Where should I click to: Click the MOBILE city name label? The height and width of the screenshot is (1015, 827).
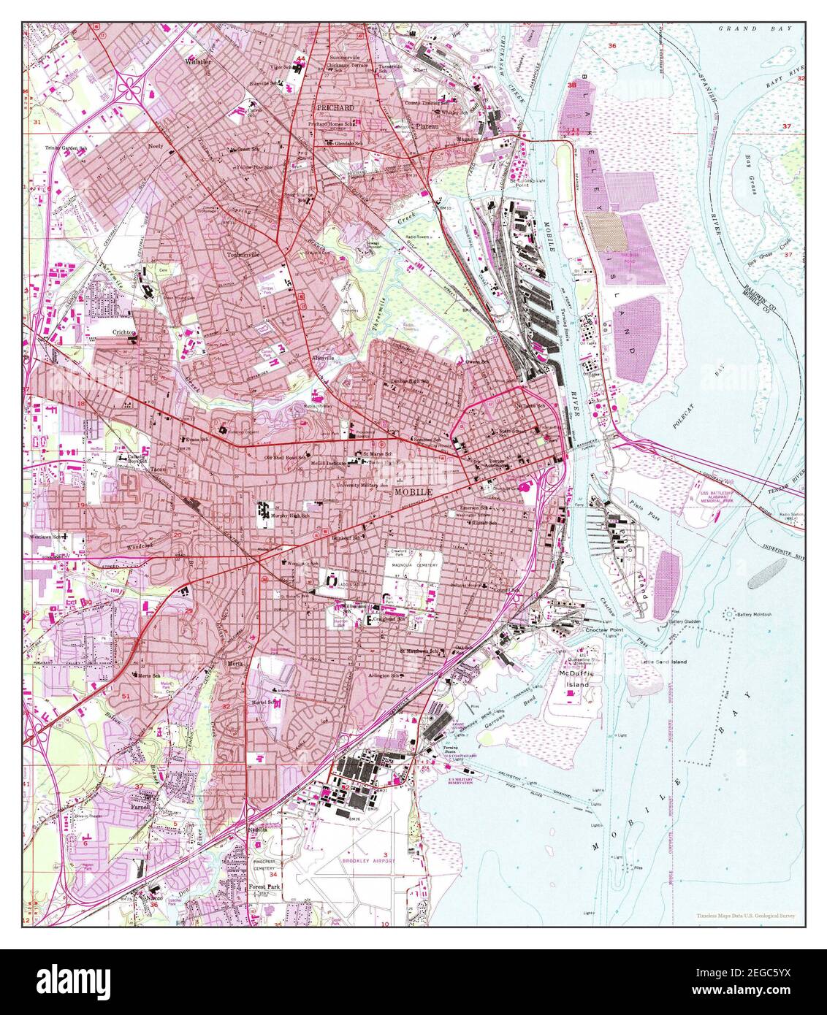[413, 493]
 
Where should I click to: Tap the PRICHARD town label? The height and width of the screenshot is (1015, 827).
[335, 108]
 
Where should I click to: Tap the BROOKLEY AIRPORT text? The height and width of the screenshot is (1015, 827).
[369, 861]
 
